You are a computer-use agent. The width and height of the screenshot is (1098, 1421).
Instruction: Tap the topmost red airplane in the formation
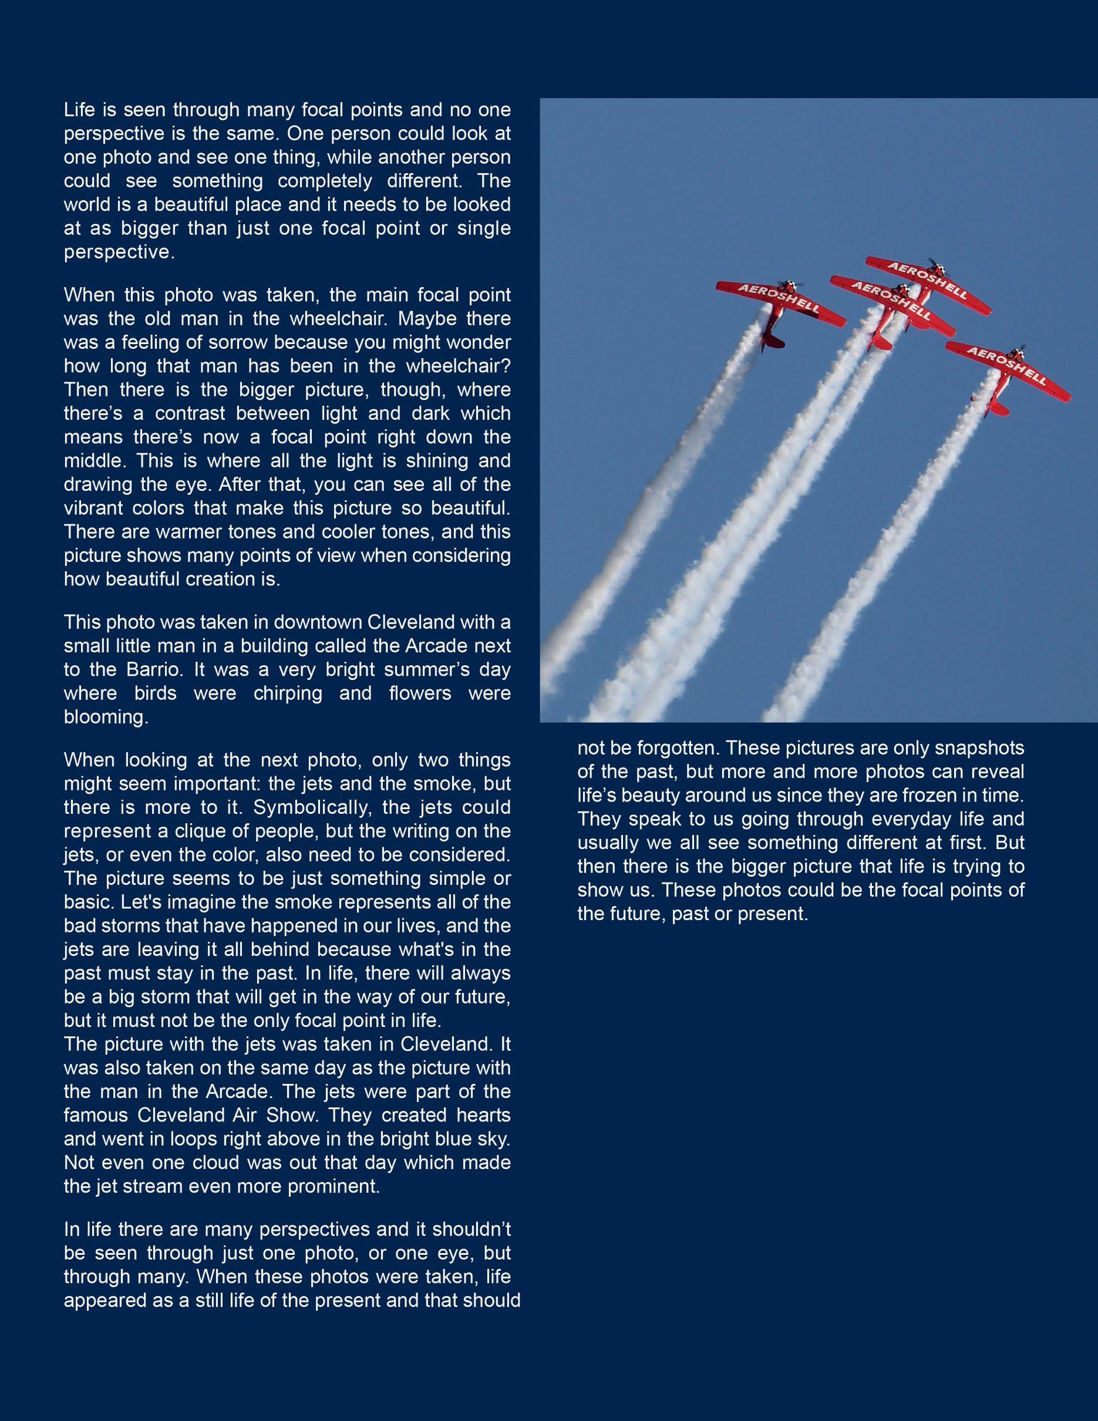[928, 284]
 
